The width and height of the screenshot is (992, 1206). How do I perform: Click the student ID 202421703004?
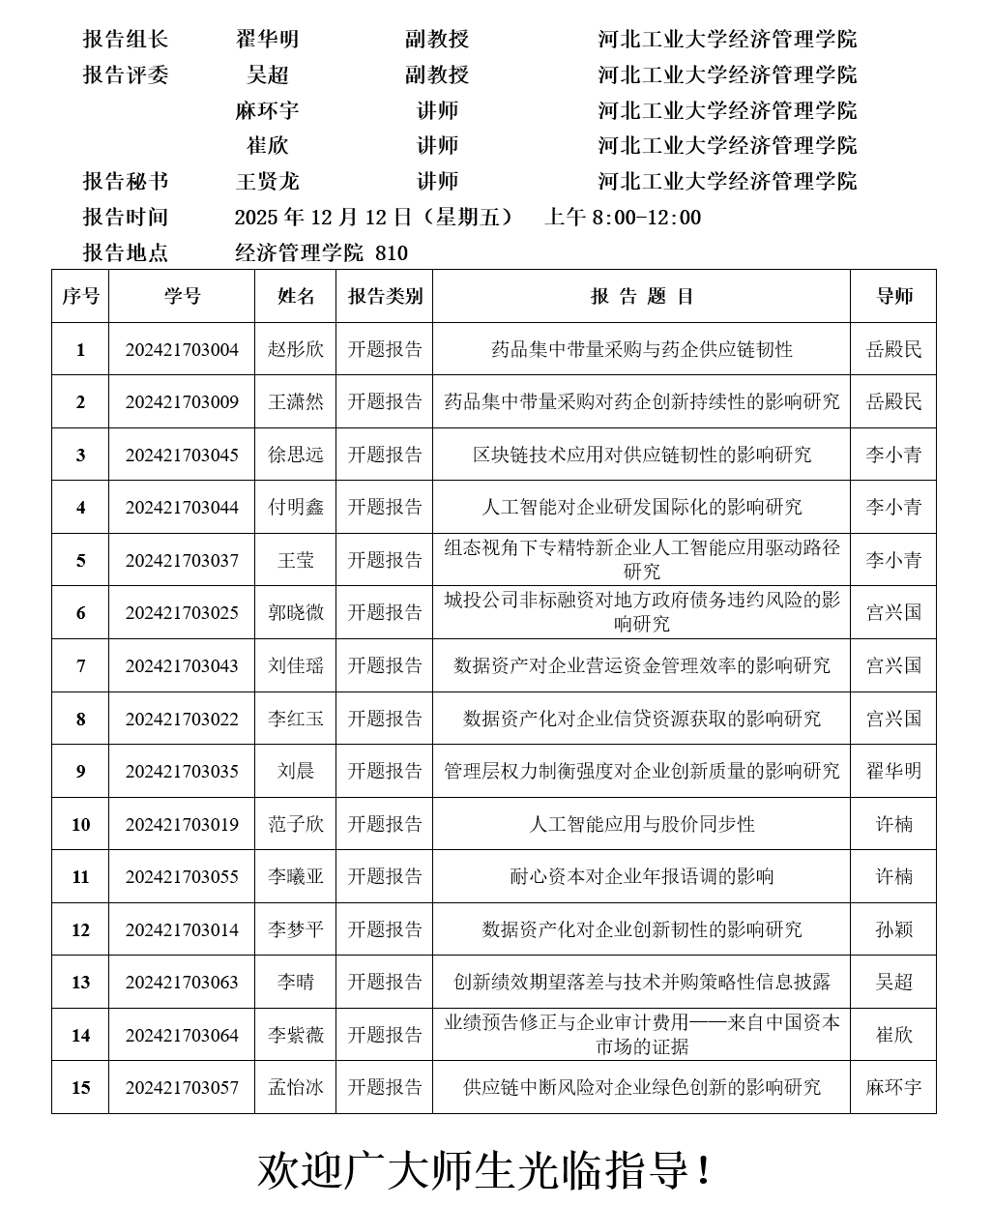[x=182, y=349]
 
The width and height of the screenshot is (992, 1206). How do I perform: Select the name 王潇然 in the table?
[x=296, y=401]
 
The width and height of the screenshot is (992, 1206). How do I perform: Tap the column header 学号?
[x=182, y=296]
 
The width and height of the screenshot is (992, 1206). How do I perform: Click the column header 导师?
[x=893, y=296]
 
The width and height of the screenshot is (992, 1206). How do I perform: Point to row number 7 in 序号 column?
[x=80, y=665]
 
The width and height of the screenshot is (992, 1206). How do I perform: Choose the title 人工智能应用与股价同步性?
[x=642, y=824]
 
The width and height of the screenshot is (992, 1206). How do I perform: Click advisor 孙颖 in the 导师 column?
[x=893, y=929]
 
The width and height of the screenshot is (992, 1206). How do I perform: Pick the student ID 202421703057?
[x=182, y=1087]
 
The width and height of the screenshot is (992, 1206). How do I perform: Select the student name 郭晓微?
[x=296, y=612]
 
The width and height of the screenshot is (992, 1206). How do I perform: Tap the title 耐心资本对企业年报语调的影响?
[x=642, y=876]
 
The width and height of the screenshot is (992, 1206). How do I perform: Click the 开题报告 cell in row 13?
[x=385, y=982]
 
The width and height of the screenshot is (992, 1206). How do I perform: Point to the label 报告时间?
[x=126, y=217]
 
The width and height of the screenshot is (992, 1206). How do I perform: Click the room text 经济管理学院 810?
[x=322, y=253]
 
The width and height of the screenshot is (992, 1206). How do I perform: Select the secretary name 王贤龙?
[x=268, y=181]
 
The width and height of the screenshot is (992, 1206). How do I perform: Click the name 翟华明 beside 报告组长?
[x=268, y=39]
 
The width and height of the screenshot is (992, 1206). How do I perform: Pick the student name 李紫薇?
[x=296, y=1035]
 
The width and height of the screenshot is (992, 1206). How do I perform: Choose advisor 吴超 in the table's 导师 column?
[x=893, y=982]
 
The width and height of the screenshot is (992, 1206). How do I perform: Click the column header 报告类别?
[x=385, y=296]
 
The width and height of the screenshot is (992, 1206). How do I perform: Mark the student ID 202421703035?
[x=182, y=771]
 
